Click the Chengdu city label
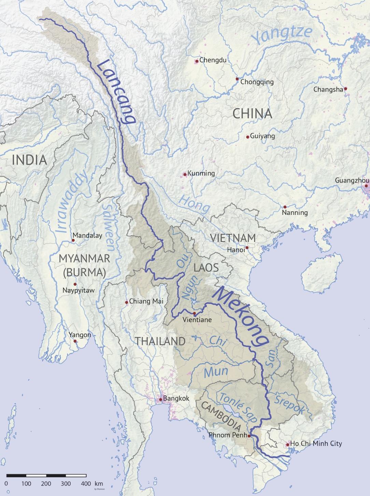coord(213,60)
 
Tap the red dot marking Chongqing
coord(237,79)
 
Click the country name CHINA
coord(252,114)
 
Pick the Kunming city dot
coord(185,174)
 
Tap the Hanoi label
coord(236,250)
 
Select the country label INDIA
coord(29,160)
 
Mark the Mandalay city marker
coord(73,240)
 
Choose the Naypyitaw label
coord(79,291)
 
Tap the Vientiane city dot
coord(194,313)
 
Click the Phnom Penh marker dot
coord(249,436)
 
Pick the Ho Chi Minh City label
coord(316,444)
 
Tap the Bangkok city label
coord(176,398)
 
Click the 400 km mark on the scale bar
coord(86,483)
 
